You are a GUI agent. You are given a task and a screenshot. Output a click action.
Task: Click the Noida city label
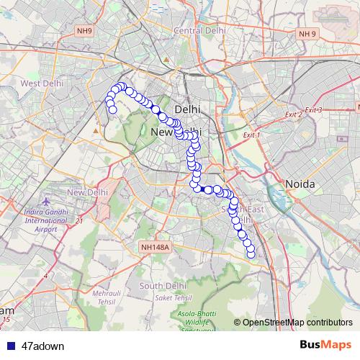pyautogui.click(x=300, y=184)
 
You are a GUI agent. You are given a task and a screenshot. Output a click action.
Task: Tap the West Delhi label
pyautogui.click(x=40, y=84)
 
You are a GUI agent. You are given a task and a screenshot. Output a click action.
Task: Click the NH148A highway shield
pyautogui.click(x=155, y=247)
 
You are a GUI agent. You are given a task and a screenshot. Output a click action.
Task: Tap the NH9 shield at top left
pyautogui.click(x=85, y=30)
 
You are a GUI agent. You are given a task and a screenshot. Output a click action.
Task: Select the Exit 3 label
pyautogui.click(x=313, y=109)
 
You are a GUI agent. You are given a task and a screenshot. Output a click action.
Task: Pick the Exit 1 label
pyautogui.click(x=251, y=135)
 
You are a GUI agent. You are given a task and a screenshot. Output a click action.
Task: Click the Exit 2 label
pyautogui.click(x=292, y=114)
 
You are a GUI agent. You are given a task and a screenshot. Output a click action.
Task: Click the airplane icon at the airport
pyautogui.click(x=48, y=201)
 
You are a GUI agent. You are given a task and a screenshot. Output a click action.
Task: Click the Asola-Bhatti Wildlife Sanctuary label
pyautogui.click(x=199, y=319)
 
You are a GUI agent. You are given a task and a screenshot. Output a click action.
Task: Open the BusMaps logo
pyautogui.click(x=325, y=345)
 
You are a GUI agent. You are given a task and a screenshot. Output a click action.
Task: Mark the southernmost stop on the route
pyautogui.click(x=251, y=253)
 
